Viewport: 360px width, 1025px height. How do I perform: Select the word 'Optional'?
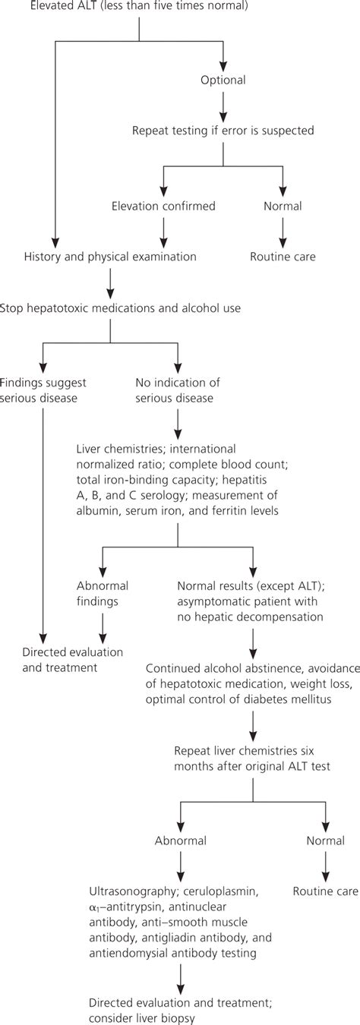pos(223,78)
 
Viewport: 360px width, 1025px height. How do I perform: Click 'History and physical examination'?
pos(110,257)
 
